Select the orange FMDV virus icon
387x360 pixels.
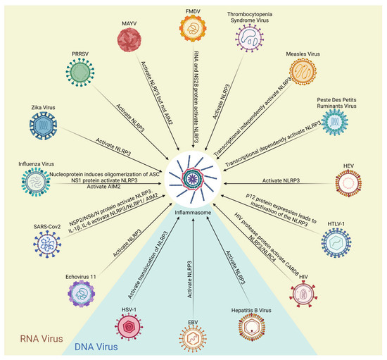(194, 30)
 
